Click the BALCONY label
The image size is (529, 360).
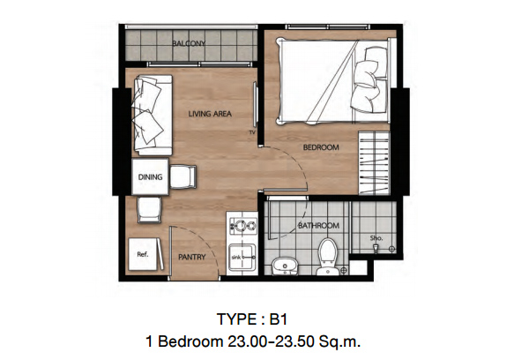(x=189, y=43)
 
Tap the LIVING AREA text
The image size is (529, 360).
(x=210, y=114)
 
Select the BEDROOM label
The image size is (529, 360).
(x=321, y=147)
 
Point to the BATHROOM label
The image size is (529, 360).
(x=318, y=225)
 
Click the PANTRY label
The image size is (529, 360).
(x=192, y=257)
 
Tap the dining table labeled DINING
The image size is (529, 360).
(x=150, y=176)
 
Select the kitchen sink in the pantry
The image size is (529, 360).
(x=242, y=258)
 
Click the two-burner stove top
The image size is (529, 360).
(x=243, y=225)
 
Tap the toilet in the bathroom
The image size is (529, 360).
(x=327, y=256)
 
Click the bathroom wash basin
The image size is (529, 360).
(x=285, y=266)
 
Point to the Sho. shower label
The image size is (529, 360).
(x=376, y=237)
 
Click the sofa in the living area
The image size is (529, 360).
(x=153, y=115)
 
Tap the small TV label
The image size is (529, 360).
(x=252, y=132)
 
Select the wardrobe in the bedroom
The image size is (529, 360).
(x=374, y=163)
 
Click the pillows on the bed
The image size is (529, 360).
(x=369, y=80)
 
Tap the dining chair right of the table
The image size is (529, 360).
(x=183, y=176)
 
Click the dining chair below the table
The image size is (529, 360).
(x=149, y=209)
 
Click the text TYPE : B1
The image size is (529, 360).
(x=251, y=319)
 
